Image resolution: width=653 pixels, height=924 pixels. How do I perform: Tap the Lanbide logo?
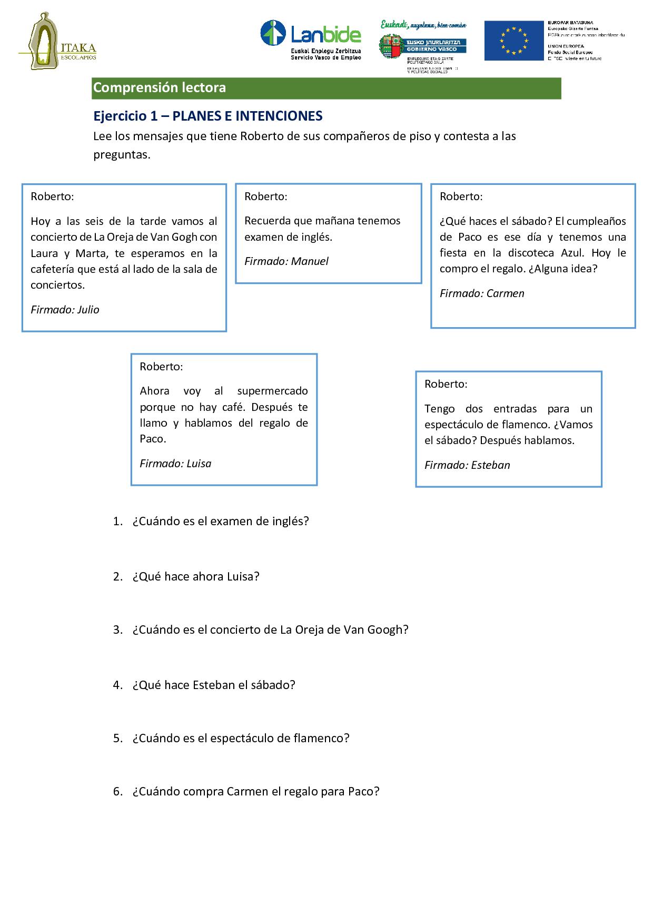[x=311, y=40]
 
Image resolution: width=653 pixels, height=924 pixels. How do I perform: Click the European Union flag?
[x=513, y=41]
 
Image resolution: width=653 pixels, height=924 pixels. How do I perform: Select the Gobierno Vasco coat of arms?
[x=390, y=47]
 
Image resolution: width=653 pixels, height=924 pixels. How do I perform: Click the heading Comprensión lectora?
[x=160, y=88]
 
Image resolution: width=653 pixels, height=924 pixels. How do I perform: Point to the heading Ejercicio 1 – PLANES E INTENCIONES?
[x=207, y=116]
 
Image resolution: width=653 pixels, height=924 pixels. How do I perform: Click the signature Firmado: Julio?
[x=65, y=310]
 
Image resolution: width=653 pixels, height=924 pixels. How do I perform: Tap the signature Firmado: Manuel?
[x=286, y=261]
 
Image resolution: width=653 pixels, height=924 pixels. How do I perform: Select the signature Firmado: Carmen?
[x=482, y=293]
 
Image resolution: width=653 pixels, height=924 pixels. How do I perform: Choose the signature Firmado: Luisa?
[x=175, y=464]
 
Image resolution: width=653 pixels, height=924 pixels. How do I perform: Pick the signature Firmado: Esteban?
[x=467, y=465]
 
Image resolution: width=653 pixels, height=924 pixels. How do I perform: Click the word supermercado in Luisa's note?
[x=272, y=391]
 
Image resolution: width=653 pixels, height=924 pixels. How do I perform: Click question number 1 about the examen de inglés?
[x=220, y=522]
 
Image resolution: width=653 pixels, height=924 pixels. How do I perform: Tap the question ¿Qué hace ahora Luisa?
[x=196, y=576]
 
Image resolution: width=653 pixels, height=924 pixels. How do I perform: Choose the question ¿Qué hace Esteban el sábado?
[x=214, y=685]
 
